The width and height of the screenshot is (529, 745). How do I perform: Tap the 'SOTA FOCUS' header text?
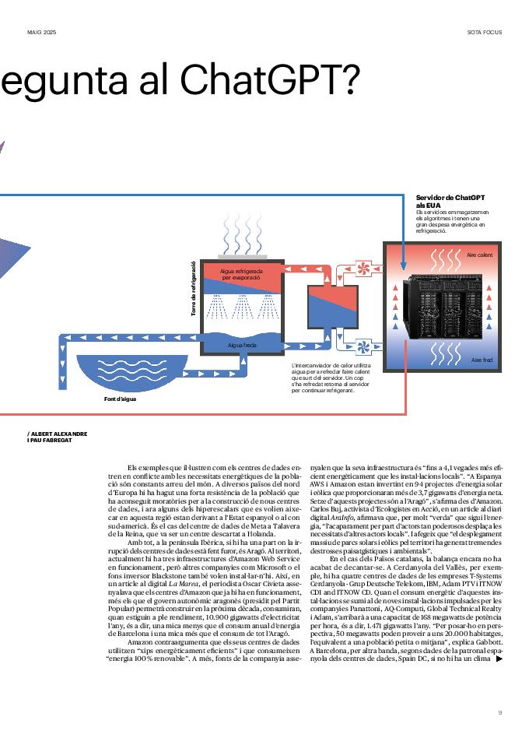pos(484,32)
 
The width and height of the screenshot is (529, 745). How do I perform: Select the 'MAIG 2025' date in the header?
pos(42,32)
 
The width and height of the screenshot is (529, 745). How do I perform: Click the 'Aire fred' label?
pos(482,360)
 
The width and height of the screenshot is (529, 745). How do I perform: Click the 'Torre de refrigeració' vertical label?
pos(193,288)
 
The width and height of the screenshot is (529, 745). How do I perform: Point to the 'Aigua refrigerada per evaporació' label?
pos(242,274)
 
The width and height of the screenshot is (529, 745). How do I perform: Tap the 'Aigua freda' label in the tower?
pos(242,344)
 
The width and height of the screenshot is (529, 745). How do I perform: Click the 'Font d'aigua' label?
pos(121,399)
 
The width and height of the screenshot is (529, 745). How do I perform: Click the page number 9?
pos(500,712)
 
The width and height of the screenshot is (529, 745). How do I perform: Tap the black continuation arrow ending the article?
pos(499,659)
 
